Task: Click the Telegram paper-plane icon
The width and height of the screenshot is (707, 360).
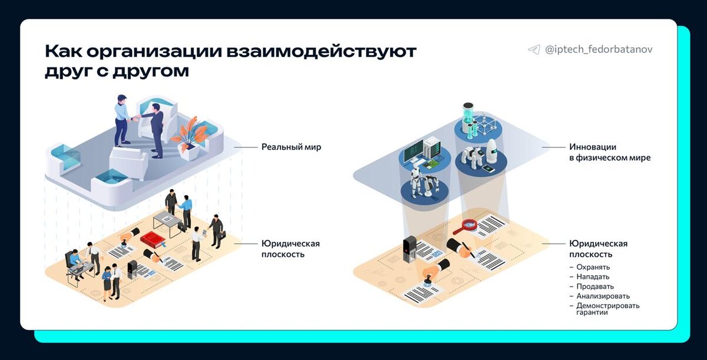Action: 534,50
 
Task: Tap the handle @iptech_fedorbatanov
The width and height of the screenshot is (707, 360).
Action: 599,50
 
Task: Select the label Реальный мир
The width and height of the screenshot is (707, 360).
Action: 291,147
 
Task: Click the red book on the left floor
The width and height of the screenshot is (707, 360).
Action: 151,239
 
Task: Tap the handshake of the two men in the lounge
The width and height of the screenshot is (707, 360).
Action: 138,118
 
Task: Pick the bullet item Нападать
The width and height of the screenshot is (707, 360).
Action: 593,276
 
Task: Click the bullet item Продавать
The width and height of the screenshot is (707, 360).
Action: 595,286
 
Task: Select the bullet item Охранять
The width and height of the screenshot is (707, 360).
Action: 593,267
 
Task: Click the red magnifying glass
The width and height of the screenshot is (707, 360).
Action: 470,225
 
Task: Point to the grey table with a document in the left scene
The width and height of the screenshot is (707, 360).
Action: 168,220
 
